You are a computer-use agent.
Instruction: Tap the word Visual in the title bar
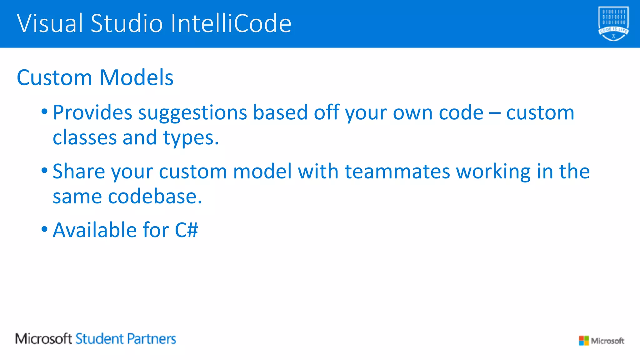[50, 23]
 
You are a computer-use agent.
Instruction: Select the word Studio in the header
[127, 23]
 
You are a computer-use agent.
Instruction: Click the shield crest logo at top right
[613, 23]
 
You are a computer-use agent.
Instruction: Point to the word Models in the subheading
[136, 77]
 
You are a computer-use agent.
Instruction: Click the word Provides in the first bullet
[92, 112]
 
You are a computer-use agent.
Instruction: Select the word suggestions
[192, 113]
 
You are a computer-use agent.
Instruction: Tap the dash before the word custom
[495, 113]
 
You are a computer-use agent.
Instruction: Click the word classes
[84, 138]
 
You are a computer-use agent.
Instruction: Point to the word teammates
[397, 172]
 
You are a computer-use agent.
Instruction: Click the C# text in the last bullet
[186, 230]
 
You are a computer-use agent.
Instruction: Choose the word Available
[95, 230]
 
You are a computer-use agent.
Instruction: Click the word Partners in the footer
[152, 339]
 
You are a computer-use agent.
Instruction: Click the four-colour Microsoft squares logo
[583, 341]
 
